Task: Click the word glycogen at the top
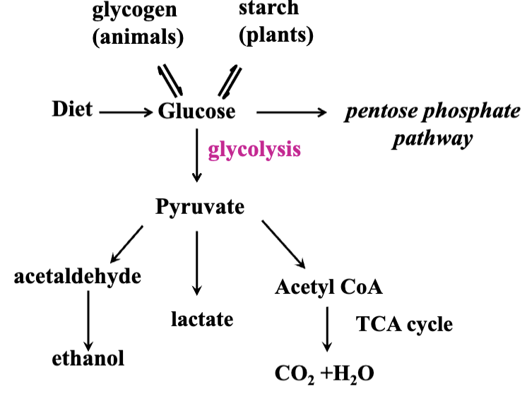135,12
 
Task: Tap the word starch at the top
269,9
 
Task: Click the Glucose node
197,111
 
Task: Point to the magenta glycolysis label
255,150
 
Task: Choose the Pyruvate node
200,207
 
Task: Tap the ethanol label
88,358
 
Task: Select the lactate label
202,319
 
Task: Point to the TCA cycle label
404,324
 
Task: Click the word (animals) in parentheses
138,37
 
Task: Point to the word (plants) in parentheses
276,35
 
